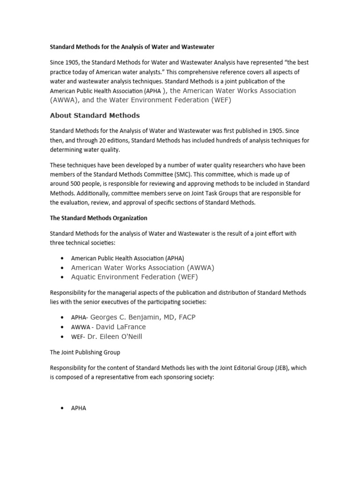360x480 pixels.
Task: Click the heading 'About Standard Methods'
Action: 95,115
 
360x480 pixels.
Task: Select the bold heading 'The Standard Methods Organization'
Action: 98,218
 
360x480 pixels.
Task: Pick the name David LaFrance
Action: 121,327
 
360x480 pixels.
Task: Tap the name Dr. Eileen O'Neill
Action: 114,337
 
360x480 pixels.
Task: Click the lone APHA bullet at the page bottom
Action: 79,408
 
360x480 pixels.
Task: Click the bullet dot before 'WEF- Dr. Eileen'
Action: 63,337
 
